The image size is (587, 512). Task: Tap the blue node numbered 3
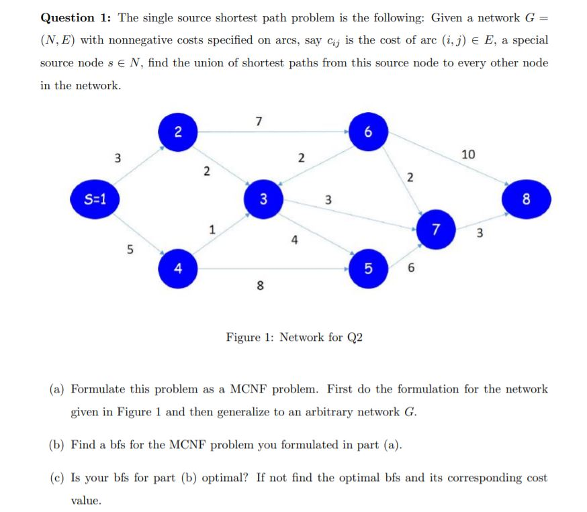pos(263,199)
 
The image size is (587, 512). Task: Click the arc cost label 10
pos(468,155)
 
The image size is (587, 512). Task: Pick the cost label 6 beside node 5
pos(412,269)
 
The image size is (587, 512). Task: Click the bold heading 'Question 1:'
pos(76,17)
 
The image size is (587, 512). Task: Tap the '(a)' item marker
pos(58,389)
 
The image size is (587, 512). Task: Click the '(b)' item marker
pos(58,446)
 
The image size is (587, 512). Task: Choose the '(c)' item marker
pos(58,478)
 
